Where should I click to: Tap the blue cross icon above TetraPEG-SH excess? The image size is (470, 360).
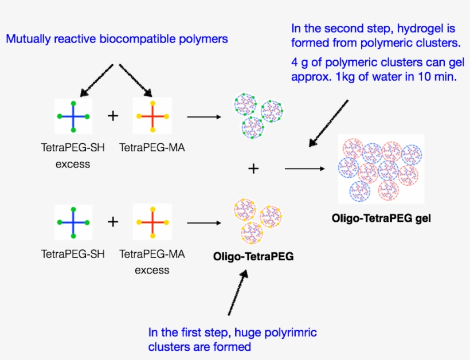73,116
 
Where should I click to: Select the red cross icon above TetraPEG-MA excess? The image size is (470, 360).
152,222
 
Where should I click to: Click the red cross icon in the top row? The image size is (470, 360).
152,116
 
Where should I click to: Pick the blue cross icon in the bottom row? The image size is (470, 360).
73,222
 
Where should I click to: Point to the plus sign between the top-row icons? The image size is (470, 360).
113,116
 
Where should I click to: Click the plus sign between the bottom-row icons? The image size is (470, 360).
113,222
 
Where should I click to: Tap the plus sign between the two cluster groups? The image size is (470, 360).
253,169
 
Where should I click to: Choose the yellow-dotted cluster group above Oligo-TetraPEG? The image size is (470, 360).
256,221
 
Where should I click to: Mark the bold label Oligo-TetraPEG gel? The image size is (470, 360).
381,218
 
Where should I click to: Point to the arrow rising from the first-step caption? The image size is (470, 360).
237,292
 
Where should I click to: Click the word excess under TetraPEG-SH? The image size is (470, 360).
73,164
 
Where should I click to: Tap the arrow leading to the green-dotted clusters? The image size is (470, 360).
204,117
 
